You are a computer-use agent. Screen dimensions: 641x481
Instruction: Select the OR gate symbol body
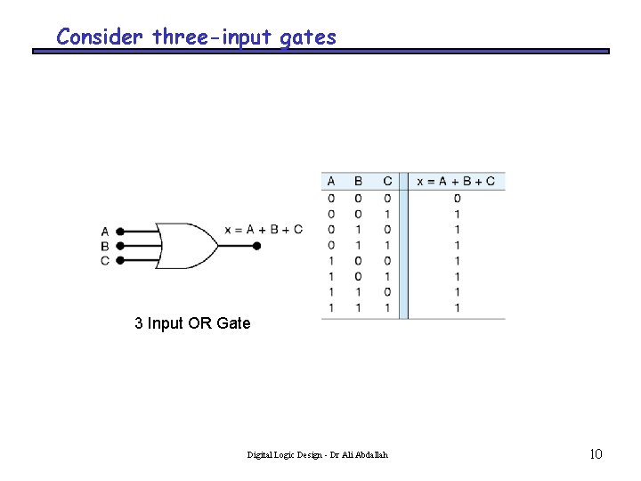tap(186, 245)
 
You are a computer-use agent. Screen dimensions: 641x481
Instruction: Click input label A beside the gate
tap(105, 232)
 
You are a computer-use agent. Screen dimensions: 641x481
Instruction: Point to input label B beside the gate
tap(105, 246)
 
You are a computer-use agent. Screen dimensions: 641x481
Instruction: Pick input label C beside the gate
tap(105, 260)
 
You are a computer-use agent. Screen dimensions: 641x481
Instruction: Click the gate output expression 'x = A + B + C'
tap(264, 230)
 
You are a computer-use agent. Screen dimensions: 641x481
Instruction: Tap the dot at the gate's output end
tap(257, 245)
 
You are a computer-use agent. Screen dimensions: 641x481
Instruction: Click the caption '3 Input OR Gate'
tap(192, 323)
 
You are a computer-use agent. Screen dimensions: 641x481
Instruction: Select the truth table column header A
tap(331, 182)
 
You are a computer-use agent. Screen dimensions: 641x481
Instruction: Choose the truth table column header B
tap(358, 182)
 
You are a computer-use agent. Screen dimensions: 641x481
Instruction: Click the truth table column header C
tap(387, 182)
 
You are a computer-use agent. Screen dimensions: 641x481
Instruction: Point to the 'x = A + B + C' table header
tap(457, 182)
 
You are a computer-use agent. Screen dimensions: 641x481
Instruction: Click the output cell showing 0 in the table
tap(457, 198)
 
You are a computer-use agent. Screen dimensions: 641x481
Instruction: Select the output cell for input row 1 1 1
tap(457, 307)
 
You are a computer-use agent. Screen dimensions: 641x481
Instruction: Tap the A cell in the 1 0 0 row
tap(331, 260)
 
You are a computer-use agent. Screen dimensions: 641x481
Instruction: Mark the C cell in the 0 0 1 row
tap(387, 214)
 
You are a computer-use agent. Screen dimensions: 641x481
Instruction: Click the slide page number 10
tap(596, 454)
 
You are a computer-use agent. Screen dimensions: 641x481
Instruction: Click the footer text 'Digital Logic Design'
tap(286, 455)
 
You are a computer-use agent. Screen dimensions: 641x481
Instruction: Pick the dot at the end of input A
tap(120, 231)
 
